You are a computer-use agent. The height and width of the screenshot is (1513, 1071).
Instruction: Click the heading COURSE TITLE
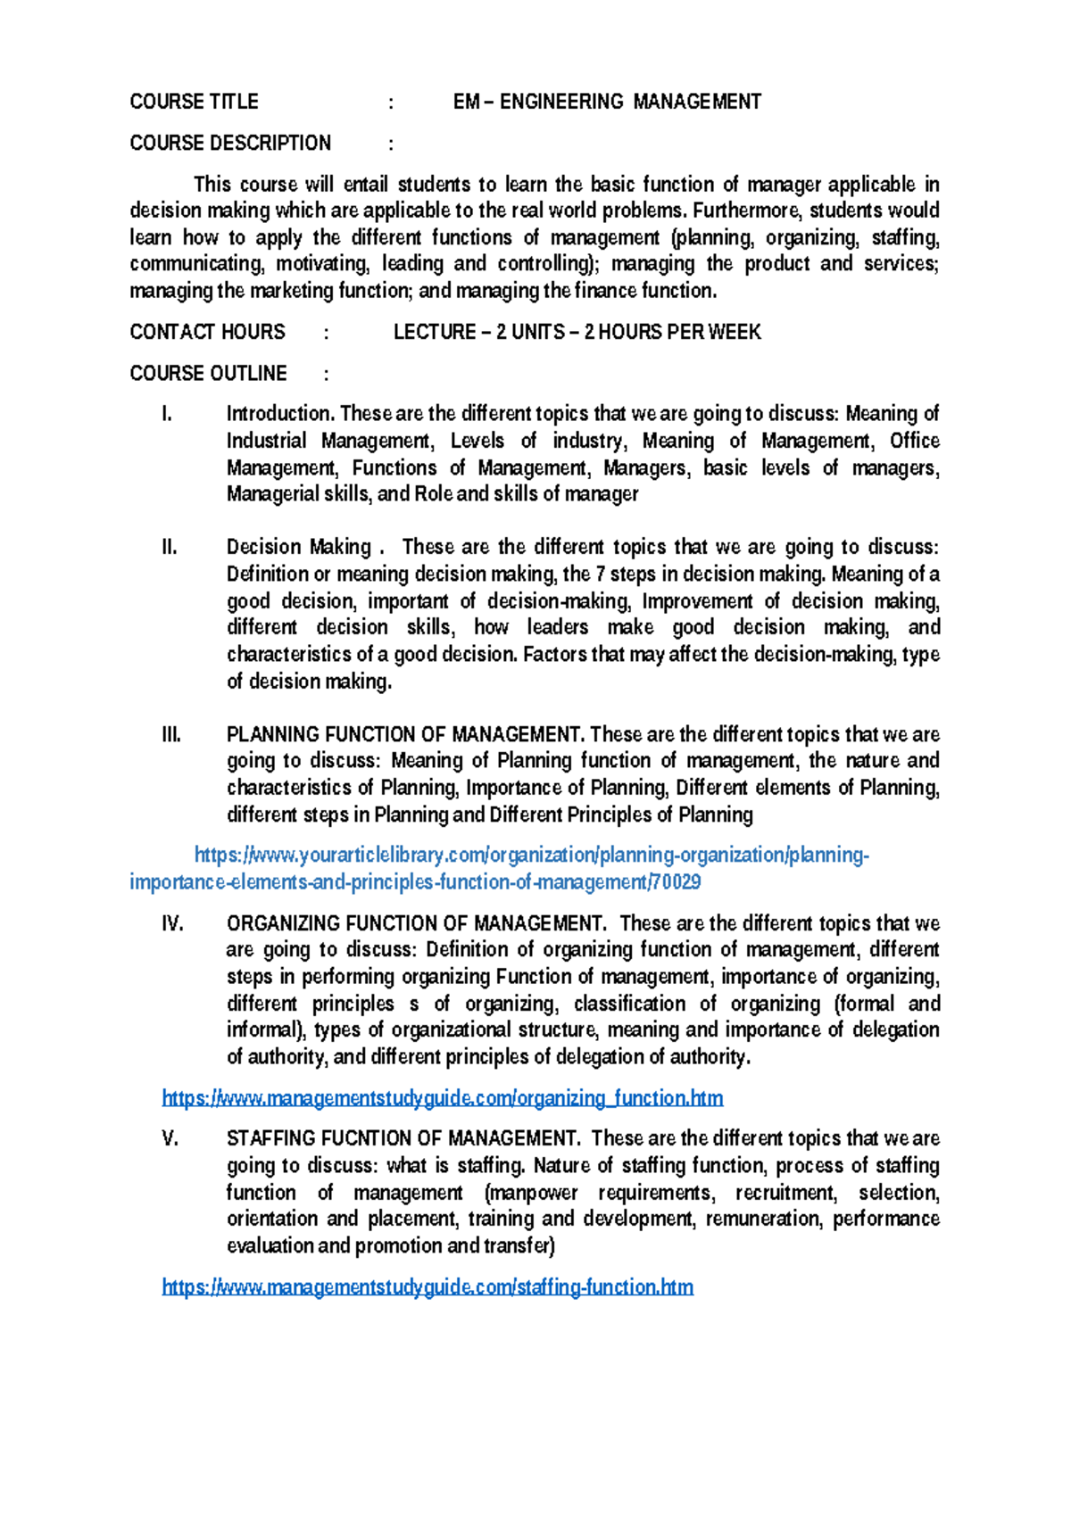(194, 102)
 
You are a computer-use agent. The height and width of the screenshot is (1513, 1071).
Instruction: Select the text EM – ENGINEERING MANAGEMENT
(607, 102)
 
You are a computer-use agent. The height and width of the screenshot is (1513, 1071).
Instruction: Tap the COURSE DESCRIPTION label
(230, 143)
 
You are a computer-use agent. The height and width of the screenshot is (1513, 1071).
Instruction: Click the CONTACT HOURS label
(207, 332)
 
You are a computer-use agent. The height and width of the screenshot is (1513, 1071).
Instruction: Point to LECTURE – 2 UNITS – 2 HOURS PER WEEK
(577, 332)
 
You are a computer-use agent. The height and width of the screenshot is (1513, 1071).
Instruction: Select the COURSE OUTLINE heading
(208, 373)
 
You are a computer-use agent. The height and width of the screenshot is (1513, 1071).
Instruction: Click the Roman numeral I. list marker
(166, 414)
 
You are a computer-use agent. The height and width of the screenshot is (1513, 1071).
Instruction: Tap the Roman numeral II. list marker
(170, 547)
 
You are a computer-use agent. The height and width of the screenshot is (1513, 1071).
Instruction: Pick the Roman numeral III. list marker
(171, 735)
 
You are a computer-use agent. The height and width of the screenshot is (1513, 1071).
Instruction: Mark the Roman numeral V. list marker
(170, 1138)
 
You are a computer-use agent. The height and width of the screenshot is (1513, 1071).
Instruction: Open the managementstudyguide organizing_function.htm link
(442, 1098)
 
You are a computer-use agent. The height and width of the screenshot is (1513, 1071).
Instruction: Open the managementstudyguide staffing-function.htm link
(428, 1287)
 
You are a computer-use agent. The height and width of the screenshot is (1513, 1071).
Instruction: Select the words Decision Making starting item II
(298, 547)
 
